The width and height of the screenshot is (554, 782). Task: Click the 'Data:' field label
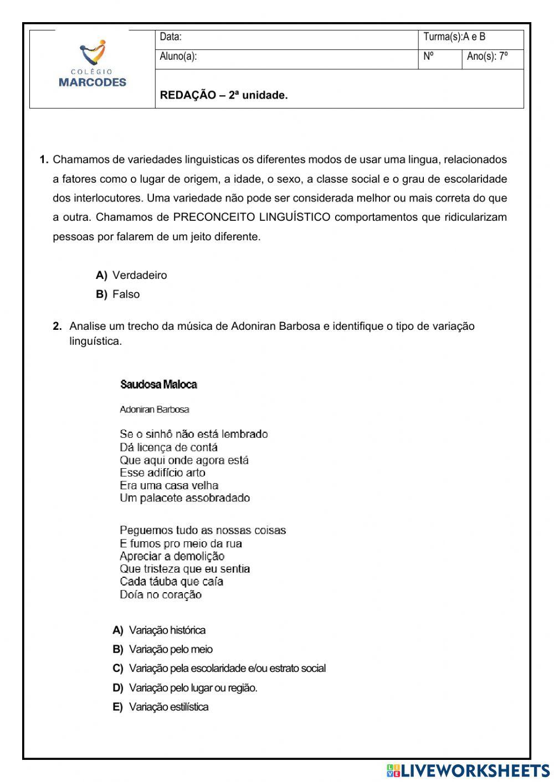171,37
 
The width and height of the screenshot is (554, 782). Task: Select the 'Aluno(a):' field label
178,56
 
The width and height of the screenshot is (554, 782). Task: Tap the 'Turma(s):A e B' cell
454,37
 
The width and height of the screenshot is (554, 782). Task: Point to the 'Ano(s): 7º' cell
488,56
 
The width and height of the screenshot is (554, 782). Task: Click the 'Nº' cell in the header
428,56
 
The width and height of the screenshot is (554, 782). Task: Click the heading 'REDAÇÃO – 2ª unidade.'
224,95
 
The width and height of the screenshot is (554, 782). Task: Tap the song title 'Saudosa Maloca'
158,384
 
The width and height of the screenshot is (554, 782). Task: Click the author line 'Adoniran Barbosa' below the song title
155,410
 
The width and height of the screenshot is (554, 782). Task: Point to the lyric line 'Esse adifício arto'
162,473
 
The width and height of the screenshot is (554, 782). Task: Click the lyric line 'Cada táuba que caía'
171,581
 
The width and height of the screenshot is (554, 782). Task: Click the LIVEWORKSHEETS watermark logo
468,770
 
